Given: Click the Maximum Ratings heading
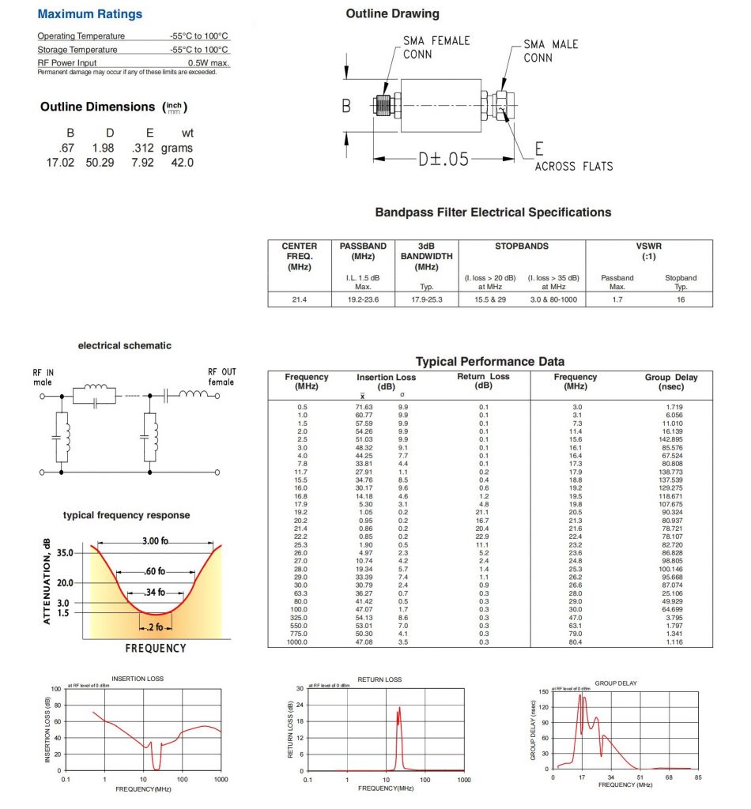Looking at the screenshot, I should click(90, 14).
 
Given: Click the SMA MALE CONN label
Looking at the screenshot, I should click(550, 51).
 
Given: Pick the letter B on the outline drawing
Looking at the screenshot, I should click(345, 105).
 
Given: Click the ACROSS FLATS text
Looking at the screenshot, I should click(574, 166).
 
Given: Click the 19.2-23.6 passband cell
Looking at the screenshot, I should click(363, 299).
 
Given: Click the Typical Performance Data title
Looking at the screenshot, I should click(489, 361).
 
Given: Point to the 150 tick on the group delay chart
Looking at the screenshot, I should click(543, 691).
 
